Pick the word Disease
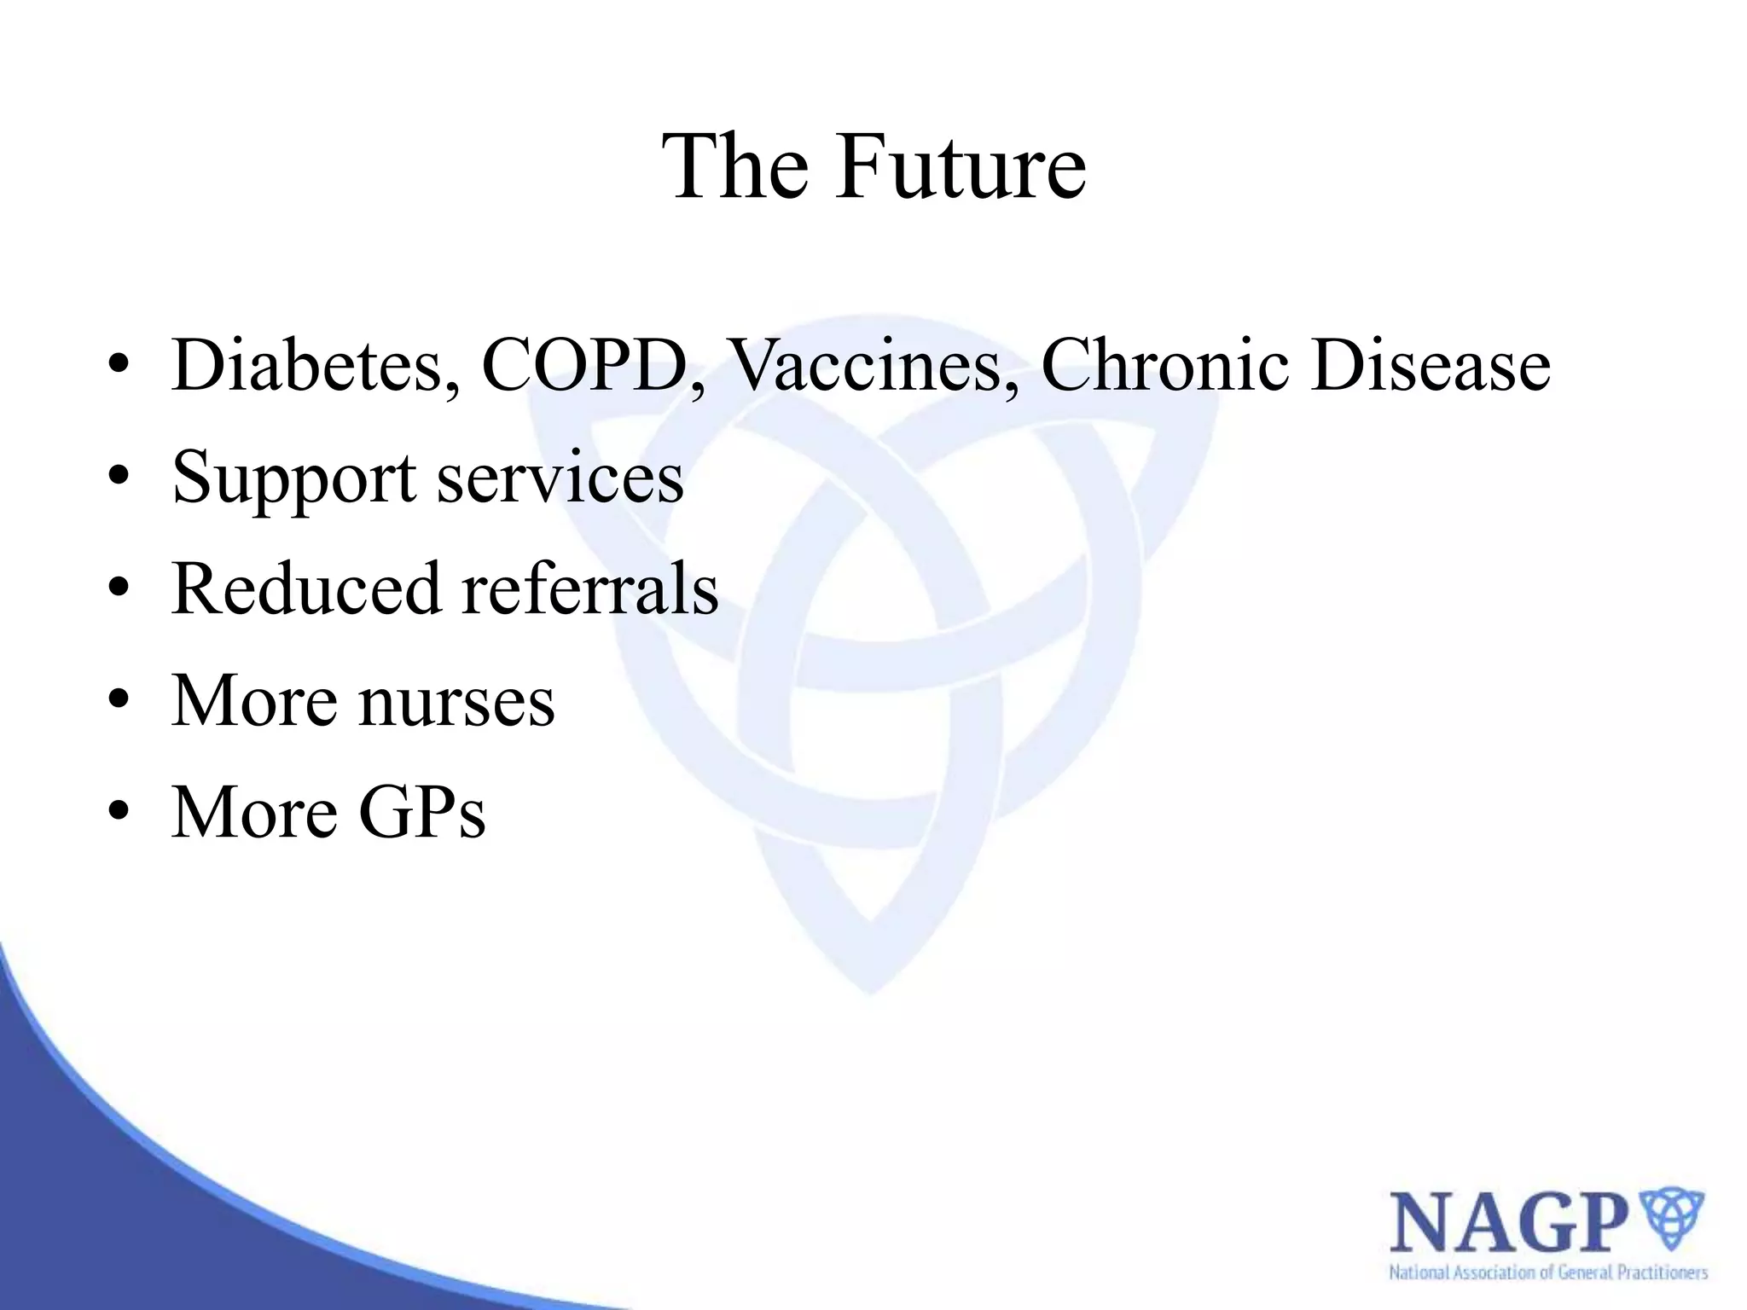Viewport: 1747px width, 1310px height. [1431, 365]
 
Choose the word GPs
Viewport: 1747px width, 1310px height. [422, 812]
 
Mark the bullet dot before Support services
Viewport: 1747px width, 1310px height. [119, 476]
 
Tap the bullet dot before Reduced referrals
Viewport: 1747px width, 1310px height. [119, 588]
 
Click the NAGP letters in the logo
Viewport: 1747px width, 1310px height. [1508, 1224]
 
